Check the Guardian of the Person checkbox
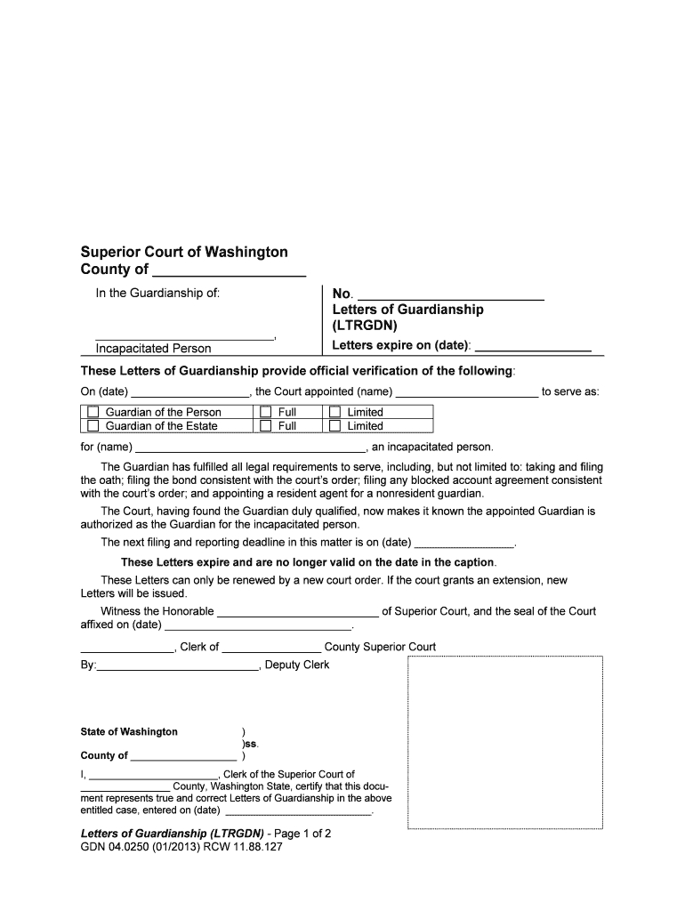point(93,412)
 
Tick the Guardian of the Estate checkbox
point(93,425)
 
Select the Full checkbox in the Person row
point(265,412)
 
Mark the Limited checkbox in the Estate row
point(334,425)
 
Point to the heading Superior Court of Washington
point(184,253)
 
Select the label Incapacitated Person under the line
point(153,349)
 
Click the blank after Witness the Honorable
point(298,611)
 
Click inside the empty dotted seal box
point(504,743)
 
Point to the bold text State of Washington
point(129,732)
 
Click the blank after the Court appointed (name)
point(467,392)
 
